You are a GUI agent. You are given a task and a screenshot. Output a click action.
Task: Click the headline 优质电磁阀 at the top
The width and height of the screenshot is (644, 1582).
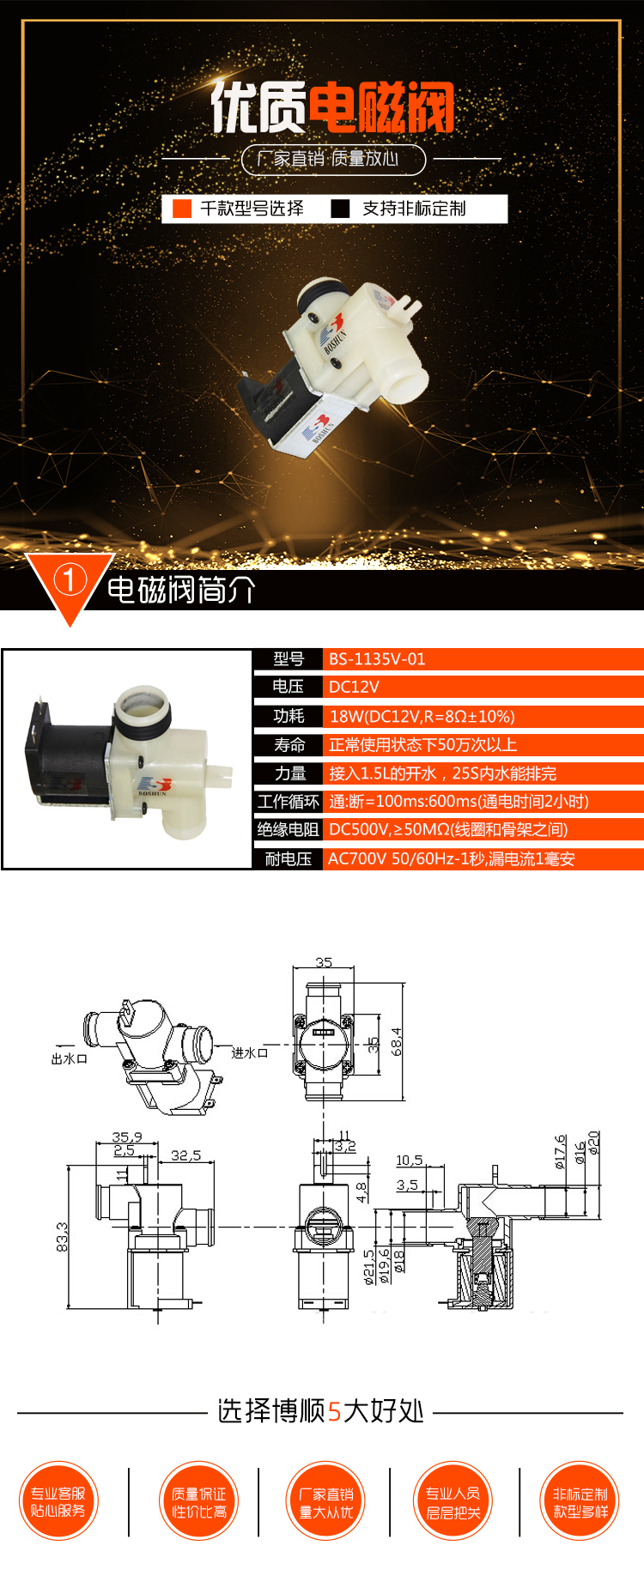[x=332, y=107]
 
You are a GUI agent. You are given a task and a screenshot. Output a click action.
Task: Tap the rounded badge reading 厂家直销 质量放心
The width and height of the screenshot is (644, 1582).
[x=333, y=159]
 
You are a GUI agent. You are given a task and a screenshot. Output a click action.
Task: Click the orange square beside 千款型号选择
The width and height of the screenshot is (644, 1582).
[x=182, y=209]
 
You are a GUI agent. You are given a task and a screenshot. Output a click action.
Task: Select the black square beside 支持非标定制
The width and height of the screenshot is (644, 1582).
[x=340, y=209]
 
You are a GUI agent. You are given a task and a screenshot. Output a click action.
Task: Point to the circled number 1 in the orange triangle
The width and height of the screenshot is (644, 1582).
[x=70, y=580]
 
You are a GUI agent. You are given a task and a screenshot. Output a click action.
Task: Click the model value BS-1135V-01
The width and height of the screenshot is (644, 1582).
[x=377, y=659]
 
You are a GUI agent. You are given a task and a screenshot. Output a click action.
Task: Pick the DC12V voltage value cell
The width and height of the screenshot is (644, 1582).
[x=354, y=687]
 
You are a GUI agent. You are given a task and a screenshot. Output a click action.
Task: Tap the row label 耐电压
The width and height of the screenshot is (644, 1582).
[x=288, y=859]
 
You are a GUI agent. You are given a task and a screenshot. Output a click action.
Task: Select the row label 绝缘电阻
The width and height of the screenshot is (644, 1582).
[x=288, y=830]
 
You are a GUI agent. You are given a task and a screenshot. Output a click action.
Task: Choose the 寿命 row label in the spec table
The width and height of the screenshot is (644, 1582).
[x=289, y=745]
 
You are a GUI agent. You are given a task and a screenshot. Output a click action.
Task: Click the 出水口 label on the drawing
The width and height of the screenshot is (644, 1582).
[x=69, y=1059]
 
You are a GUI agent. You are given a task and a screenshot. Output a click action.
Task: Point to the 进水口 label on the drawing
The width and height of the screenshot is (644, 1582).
[x=250, y=1053]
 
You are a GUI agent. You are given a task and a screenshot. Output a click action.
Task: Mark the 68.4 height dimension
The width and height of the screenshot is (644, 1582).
[x=396, y=1042]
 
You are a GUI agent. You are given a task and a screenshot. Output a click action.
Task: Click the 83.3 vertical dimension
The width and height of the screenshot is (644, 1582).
[x=63, y=1237]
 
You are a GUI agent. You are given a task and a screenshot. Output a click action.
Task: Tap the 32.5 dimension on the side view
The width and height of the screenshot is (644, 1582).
[x=185, y=1155]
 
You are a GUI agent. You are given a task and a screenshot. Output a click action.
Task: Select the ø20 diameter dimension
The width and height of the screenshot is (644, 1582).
[x=593, y=1143]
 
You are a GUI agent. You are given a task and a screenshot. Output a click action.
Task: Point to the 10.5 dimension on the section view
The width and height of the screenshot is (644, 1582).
[x=409, y=1161]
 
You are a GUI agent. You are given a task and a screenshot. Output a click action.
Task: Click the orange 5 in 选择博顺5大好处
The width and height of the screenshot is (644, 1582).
[x=335, y=1412]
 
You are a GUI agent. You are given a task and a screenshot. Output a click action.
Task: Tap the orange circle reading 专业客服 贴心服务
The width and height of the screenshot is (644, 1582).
[x=58, y=1502]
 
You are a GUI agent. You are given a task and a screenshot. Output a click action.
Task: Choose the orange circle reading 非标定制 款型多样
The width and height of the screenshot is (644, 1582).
[x=580, y=1502]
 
